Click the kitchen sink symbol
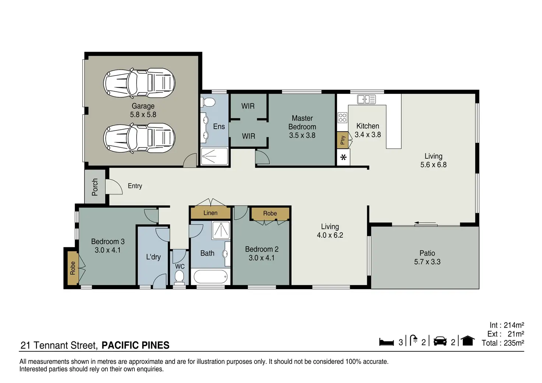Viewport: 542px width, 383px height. click(366, 99)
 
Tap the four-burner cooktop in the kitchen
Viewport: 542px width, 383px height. click(342, 118)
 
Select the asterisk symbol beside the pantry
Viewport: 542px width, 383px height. click(343, 158)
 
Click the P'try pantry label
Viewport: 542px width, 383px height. click(342, 140)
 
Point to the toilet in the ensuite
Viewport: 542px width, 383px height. click(208, 102)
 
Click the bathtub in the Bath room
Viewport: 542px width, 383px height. click(211, 277)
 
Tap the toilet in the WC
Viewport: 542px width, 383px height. click(179, 277)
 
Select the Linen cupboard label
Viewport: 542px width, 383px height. click(210, 213)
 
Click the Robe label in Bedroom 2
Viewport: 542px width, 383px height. click(270, 213)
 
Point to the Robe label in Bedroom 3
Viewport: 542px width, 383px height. click(73, 268)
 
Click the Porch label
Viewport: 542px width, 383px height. click(95, 187)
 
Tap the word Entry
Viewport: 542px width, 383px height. click(135, 186)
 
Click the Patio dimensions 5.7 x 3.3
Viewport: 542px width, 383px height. click(427, 262)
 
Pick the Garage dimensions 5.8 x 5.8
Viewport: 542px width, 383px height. click(143, 115)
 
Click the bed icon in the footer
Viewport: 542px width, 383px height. click(386, 342)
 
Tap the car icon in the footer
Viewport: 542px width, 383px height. click(440, 341)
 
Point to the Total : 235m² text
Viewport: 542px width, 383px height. click(503, 343)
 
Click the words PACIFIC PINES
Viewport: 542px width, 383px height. click(135, 345)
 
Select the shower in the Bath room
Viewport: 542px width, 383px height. click(221, 230)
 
